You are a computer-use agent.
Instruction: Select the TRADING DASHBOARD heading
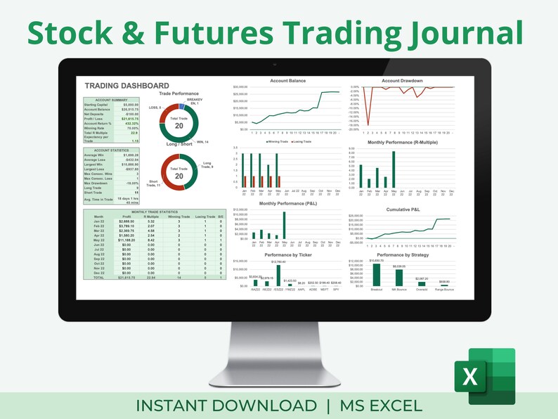(126, 85)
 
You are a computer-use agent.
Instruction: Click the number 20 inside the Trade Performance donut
(179, 125)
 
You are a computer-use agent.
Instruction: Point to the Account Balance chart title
(288, 81)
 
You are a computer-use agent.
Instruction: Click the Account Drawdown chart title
(402, 81)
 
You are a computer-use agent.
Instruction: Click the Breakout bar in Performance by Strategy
(377, 275)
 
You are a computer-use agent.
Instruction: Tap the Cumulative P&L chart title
(402, 209)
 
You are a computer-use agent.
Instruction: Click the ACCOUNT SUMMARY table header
(111, 101)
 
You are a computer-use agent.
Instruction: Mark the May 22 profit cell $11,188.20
(127, 239)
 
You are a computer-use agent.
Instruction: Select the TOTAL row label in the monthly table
(98, 278)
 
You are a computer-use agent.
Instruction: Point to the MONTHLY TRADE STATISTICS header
(155, 212)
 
